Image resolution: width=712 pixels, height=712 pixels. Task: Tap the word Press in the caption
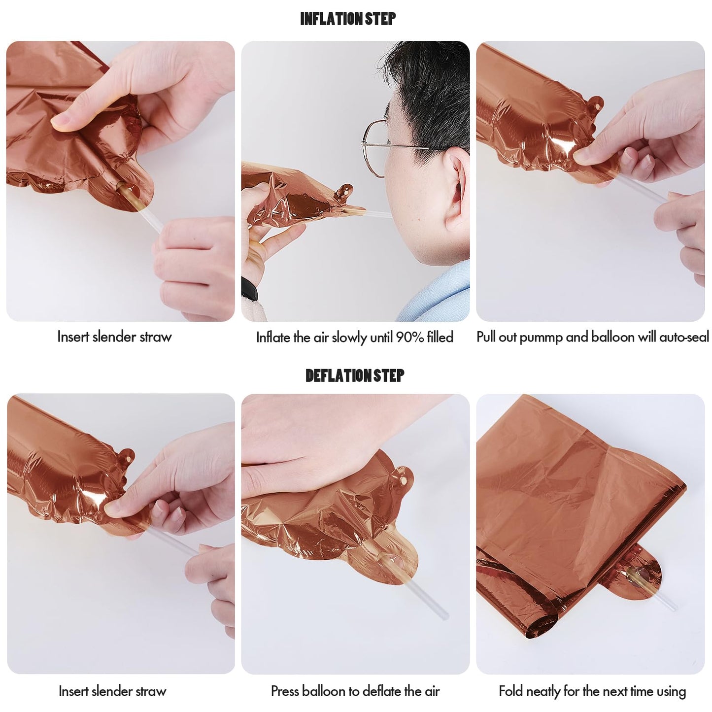[x=285, y=691]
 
